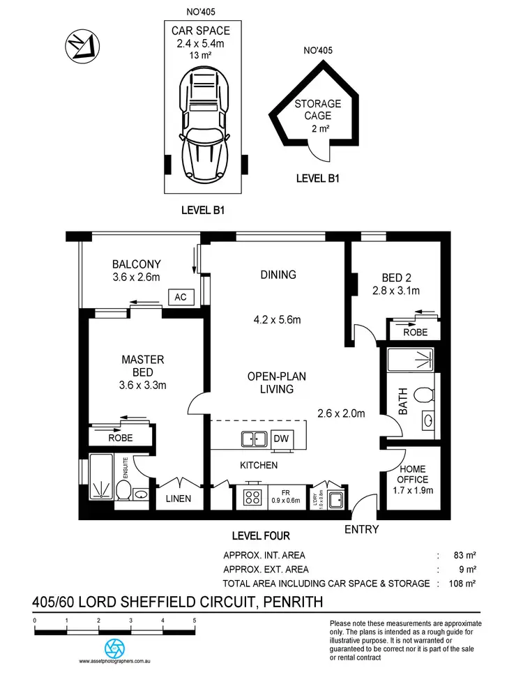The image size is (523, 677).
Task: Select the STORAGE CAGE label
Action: click(317, 109)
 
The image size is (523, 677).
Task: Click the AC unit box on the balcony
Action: click(181, 297)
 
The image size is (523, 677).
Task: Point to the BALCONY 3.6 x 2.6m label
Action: click(137, 271)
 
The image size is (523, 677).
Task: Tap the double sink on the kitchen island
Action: click(253, 439)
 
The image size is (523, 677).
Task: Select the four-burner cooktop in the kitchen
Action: click(252, 498)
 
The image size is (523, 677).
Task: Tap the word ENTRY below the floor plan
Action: click(362, 530)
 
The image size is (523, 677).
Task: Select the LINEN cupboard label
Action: click(179, 499)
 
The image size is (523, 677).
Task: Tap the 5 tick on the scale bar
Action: click(195, 621)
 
